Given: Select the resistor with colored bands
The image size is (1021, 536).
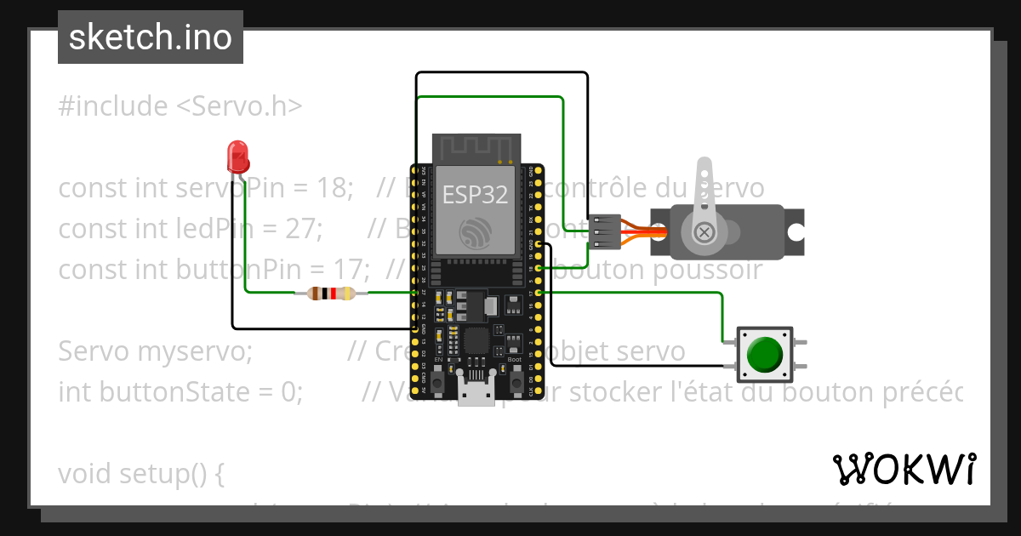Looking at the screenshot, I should (x=331, y=294).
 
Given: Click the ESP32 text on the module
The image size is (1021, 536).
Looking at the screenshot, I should (x=475, y=195).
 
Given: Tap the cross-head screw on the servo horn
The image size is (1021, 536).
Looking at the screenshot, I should (x=704, y=231).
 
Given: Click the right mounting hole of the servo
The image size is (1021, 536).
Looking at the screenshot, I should (x=795, y=231).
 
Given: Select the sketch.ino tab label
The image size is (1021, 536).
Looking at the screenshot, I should (x=151, y=37).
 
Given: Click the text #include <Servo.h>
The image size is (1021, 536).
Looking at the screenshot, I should (x=180, y=106).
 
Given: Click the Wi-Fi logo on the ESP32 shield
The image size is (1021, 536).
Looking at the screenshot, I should (x=475, y=233).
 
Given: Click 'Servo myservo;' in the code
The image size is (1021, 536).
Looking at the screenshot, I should (x=156, y=351).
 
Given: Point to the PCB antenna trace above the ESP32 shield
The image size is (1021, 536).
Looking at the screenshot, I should (x=476, y=148).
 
